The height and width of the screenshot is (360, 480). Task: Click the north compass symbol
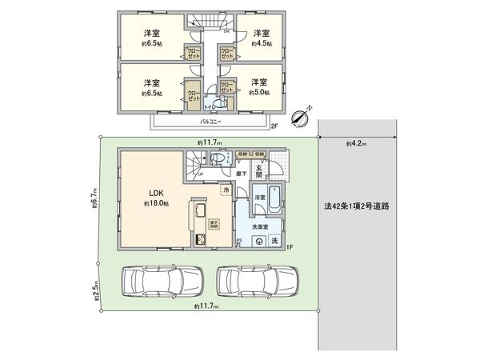299,118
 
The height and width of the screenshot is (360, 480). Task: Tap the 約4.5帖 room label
259,45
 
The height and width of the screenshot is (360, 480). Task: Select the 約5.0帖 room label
258,93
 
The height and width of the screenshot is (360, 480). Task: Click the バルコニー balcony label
210,122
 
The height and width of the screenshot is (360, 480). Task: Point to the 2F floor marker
274,126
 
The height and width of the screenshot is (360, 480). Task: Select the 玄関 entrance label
259,171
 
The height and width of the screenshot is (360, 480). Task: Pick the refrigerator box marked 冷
227,190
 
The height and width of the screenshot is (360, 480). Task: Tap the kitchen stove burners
201,241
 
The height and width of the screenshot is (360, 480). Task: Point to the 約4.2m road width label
357,144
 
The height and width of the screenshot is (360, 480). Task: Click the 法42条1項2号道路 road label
358,206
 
